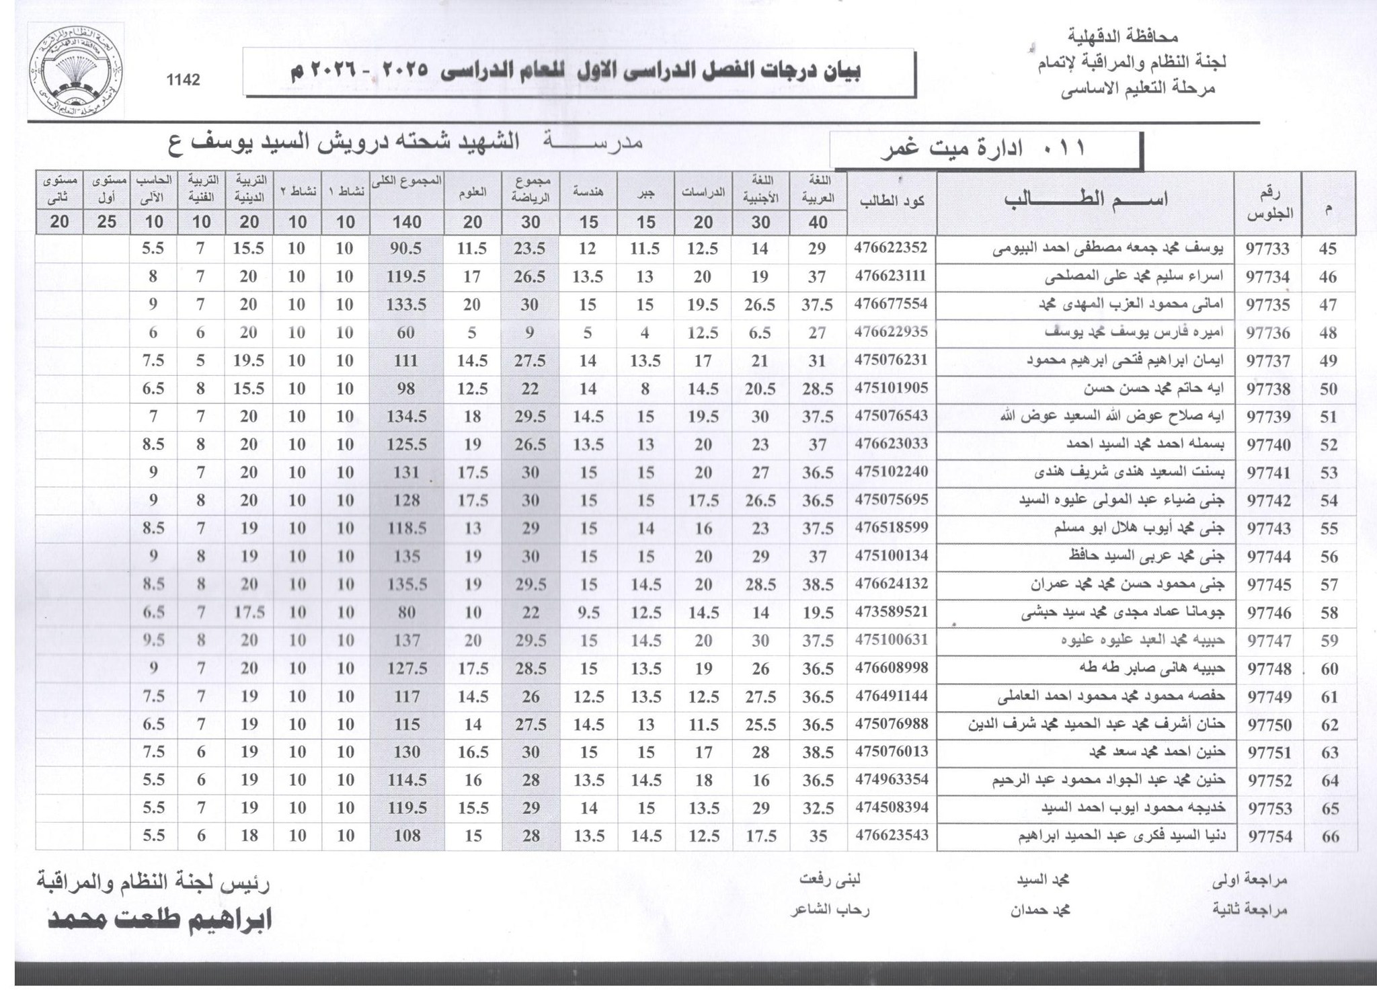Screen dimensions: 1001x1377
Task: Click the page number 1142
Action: pyautogui.click(x=183, y=80)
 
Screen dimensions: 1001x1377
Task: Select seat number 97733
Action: pyautogui.click(x=1267, y=249)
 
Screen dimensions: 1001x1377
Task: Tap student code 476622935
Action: pyautogui.click(x=891, y=331)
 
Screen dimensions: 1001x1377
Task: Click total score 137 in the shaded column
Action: pyautogui.click(x=407, y=640)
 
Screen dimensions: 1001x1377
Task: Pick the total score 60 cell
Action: pyautogui.click(x=406, y=333)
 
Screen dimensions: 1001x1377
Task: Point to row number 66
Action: pyautogui.click(x=1329, y=837)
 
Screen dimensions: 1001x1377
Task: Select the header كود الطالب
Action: pyautogui.click(x=891, y=200)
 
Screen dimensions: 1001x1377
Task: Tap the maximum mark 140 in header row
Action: pyautogui.click(x=407, y=222)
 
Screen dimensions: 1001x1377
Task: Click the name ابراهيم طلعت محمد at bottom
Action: pyautogui.click(x=160, y=919)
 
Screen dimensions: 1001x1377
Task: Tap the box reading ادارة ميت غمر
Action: pyautogui.click(x=986, y=149)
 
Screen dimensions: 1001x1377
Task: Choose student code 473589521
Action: pyautogui.click(x=891, y=612)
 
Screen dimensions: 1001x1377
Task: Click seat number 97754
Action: pyautogui.click(x=1267, y=837)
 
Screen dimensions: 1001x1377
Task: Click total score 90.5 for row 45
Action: pyautogui.click(x=406, y=249)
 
